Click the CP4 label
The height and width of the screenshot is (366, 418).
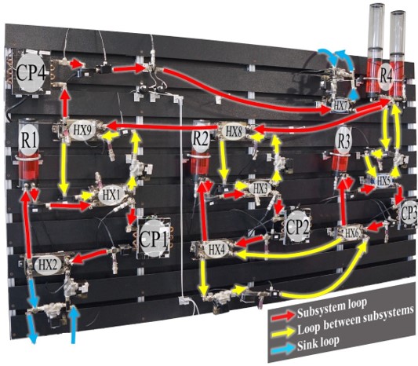point(31,72)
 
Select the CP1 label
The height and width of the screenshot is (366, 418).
point(153,239)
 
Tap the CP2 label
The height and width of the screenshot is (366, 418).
point(297,227)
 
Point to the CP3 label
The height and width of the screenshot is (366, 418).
point(409,213)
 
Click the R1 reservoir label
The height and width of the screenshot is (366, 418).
point(29,139)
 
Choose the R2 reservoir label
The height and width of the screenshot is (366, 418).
point(201,138)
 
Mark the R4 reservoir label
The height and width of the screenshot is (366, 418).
point(386,76)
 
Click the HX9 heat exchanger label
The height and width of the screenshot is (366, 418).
point(82,130)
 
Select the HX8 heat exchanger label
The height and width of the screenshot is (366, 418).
point(234,131)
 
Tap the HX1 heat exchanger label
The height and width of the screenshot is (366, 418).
point(111,195)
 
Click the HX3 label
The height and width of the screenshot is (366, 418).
point(260,188)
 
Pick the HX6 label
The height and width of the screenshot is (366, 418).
point(352,233)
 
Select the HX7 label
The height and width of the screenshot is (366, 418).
point(340,106)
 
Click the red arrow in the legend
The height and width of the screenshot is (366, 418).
point(283,316)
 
